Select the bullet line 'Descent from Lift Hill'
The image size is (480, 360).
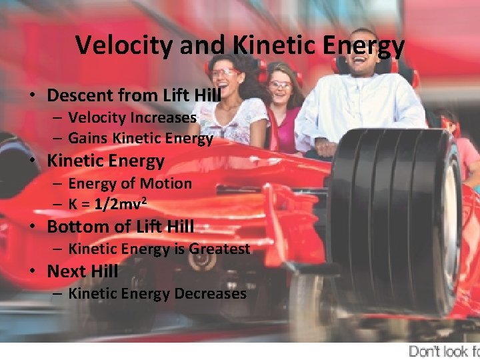coord(133,95)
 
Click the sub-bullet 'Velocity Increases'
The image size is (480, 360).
coord(132,118)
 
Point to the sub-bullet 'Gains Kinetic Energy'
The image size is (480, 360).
coord(140,139)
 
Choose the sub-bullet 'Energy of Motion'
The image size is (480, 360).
coord(129,183)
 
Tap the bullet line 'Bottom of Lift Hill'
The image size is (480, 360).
coord(120,227)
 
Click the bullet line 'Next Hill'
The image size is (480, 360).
coord(82,271)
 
